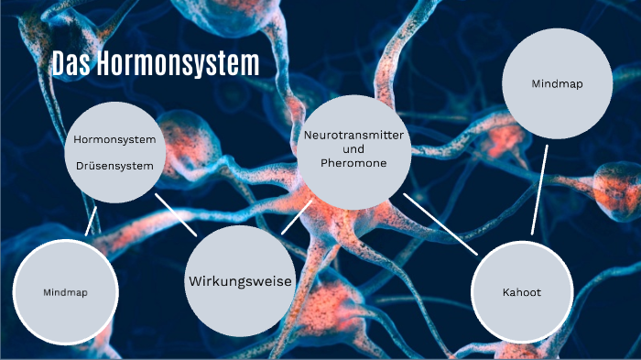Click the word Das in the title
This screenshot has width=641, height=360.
69,63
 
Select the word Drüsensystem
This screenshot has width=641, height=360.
120,166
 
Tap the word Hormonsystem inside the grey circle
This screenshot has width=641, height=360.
120,139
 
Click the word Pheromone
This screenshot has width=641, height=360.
353,162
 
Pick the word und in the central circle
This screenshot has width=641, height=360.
353,148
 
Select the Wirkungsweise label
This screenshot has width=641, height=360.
240,280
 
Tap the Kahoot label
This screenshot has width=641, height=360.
522,293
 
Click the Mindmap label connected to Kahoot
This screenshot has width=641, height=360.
558,83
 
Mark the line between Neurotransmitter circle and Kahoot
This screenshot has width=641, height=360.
440,223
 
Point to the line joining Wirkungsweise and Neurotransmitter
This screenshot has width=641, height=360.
291,219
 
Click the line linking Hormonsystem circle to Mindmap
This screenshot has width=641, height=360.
92,220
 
